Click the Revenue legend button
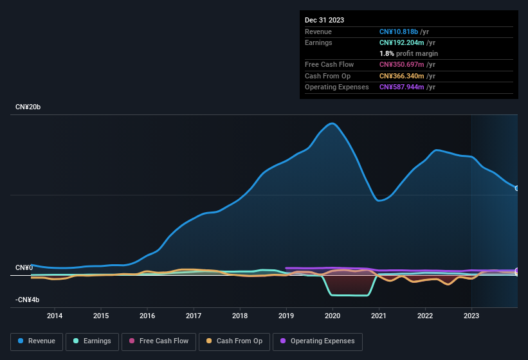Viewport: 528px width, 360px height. coord(37,341)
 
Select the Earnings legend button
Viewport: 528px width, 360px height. coord(93,341)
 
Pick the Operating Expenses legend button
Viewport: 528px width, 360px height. coord(318,341)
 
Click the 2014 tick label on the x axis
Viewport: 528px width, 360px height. coord(55,316)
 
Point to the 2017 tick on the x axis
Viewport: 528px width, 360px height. coord(194,316)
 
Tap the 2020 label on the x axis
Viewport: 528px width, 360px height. coord(332,316)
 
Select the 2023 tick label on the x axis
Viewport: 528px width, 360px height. coord(471,316)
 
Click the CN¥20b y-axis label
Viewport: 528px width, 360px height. coord(28,107)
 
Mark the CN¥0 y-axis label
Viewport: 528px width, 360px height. coord(24,267)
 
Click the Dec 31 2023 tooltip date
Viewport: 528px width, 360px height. coord(324,20)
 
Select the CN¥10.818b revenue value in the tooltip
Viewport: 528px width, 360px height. coord(402,32)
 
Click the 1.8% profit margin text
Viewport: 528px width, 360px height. coord(408,53)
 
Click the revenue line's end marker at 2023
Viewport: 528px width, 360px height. coord(517,188)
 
